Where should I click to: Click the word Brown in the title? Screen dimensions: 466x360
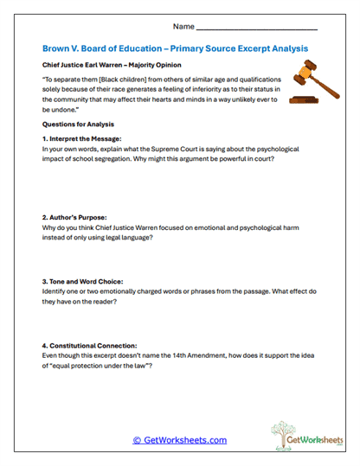click(59, 48)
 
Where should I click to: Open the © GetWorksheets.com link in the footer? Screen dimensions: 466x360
click(180, 439)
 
